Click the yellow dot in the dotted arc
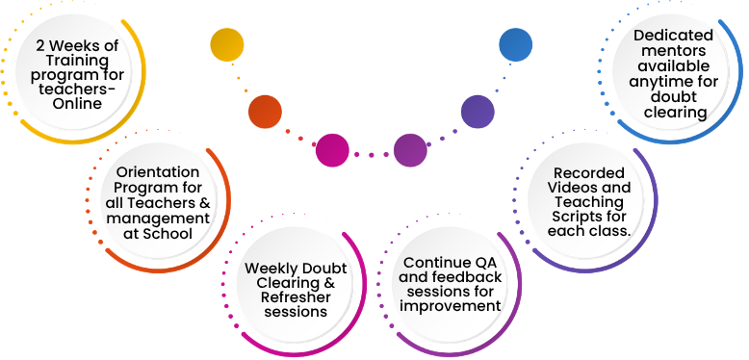coord(226,44)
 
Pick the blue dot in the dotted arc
coord(515,44)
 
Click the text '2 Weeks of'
coord(77,45)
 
